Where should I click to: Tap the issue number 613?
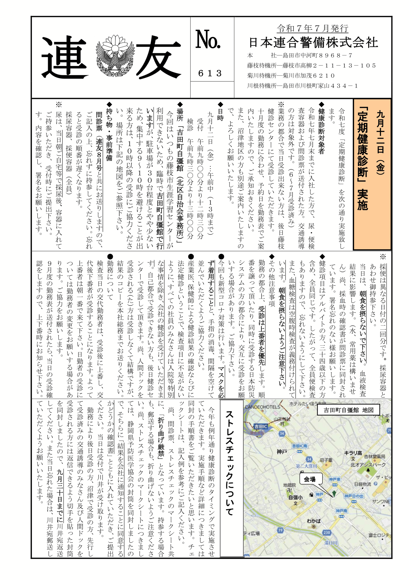[210, 73]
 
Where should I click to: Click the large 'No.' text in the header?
[208, 39]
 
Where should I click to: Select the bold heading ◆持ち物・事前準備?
[109, 131]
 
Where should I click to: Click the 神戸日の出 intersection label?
[354, 496]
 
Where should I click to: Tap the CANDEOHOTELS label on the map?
[262, 407]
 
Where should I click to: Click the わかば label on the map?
[314, 521]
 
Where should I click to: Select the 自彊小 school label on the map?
[295, 497]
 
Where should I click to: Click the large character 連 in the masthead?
[65, 57]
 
